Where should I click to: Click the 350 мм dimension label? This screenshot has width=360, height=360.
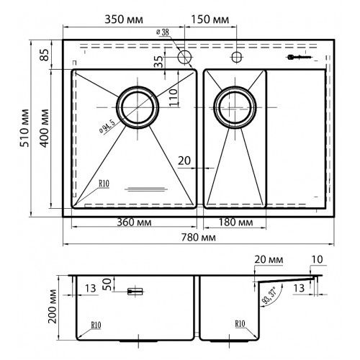click(x=124, y=19)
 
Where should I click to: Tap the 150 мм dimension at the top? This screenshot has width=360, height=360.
click(x=210, y=19)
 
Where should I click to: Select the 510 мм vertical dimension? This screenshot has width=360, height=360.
click(x=24, y=128)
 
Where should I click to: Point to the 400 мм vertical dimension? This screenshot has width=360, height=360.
click(x=45, y=128)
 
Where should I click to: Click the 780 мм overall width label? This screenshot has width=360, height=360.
click(x=198, y=238)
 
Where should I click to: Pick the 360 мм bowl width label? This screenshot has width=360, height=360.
click(x=134, y=222)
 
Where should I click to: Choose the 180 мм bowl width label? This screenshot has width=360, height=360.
click(x=235, y=222)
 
